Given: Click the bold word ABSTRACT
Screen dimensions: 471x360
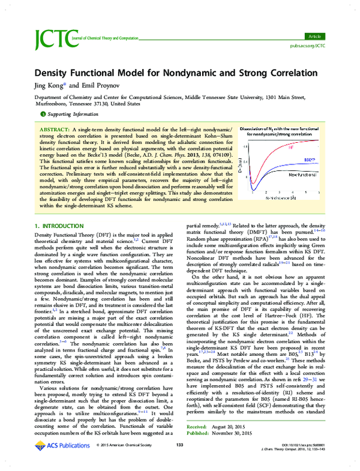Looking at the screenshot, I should (55, 130).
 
